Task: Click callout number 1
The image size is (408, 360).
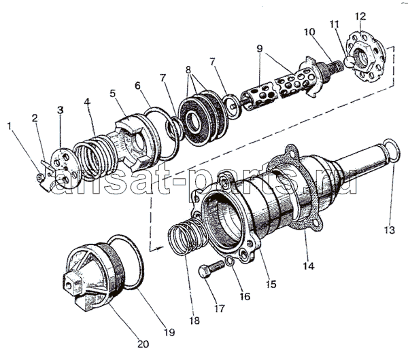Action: point(10,125)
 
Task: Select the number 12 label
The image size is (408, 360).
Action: point(379,16)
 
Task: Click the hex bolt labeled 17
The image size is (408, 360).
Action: point(208,271)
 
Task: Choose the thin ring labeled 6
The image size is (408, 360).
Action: point(164,124)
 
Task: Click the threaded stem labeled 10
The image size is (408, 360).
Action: point(333,71)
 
